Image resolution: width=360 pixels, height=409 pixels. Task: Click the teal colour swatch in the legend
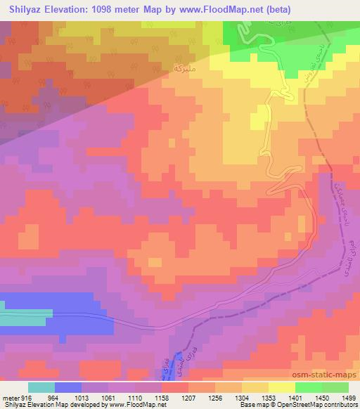pos(41,387)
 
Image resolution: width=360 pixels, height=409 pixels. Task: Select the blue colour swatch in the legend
pos(69,387)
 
